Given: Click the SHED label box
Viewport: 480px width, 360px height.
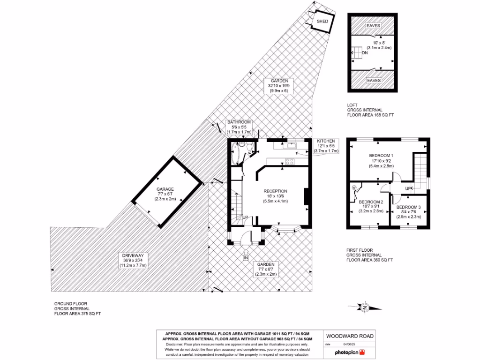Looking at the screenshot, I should pos(322,22).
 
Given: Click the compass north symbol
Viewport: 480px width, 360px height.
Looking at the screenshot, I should pos(364,307).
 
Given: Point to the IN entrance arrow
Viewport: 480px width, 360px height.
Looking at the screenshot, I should pos(246,256).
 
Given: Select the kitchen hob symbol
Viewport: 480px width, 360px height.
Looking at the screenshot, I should pos(289,162).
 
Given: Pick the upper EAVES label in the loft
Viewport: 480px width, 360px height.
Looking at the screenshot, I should pos(374,26).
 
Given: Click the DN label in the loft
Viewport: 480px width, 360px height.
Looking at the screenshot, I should pos(364,53).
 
